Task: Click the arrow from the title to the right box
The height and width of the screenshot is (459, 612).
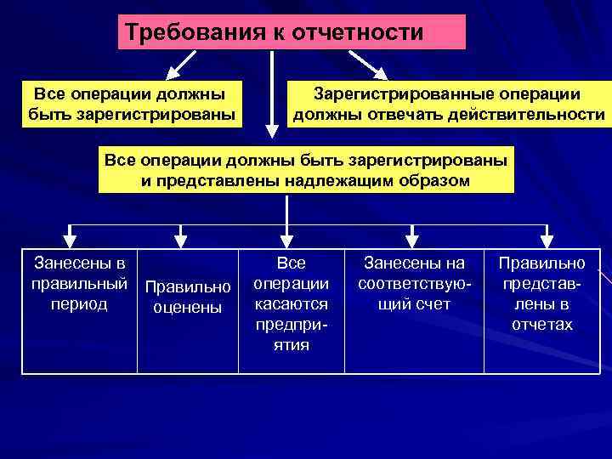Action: pyautogui.click(x=368, y=65)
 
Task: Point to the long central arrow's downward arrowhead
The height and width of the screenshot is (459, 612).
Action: pyautogui.click(x=271, y=130)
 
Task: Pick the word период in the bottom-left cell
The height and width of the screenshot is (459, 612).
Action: pyautogui.click(x=79, y=303)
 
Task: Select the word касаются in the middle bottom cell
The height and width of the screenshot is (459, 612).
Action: pyautogui.click(x=292, y=303)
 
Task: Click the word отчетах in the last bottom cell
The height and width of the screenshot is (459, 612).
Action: pyautogui.click(x=542, y=324)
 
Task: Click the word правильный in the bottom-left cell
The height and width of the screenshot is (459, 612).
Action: pyautogui.click(x=79, y=283)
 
